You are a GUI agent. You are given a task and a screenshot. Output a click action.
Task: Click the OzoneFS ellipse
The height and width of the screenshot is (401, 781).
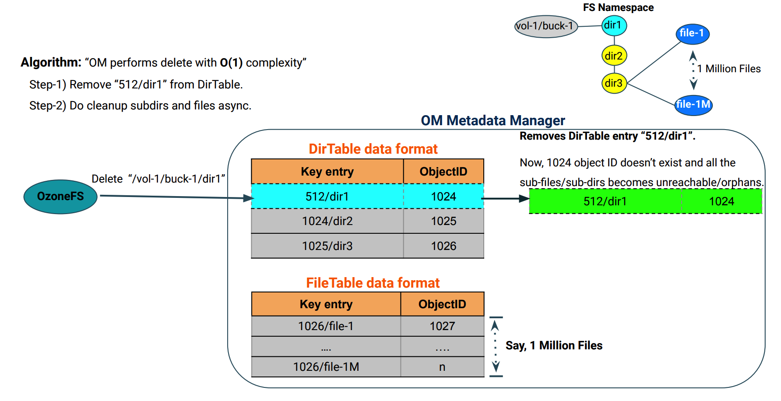pyautogui.click(x=60, y=197)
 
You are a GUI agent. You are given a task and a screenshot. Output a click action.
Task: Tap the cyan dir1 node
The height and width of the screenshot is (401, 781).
pyautogui.click(x=614, y=25)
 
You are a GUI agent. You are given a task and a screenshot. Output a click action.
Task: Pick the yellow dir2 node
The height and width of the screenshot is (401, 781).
pyautogui.click(x=614, y=56)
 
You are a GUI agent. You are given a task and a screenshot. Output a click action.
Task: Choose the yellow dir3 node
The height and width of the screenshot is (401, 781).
pyautogui.click(x=614, y=83)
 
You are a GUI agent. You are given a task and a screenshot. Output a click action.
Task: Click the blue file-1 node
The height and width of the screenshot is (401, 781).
pyautogui.click(x=692, y=34)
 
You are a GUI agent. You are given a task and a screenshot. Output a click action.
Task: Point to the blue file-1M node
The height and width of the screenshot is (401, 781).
pyautogui.click(x=693, y=105)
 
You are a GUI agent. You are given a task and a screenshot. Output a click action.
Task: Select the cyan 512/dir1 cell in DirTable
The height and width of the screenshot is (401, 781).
pyautogui.click(x=327, y=197)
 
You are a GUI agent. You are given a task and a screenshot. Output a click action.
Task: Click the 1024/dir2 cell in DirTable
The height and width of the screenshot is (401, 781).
pyautogui.click(x=327, y=221)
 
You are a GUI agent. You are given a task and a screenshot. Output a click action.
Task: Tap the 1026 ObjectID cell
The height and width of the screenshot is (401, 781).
pyautogui.click(x=443, y=246)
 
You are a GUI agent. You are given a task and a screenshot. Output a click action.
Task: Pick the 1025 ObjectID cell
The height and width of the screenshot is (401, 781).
pyautogui.click(x=443, y=221)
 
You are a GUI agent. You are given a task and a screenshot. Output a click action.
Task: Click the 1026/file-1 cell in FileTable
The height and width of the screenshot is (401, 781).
pyautogui.click(x=326, y=326)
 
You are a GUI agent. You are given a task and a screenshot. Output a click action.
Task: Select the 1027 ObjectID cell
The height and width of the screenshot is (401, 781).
pyautogui.click(x=442, y=326)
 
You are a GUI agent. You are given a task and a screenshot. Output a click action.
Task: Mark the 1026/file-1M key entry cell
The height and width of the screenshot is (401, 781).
pyautogui.click(x=326, y=367)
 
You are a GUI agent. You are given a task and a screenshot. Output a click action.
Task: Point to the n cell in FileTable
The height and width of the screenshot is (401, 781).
pyautogui.click(x=442, y=367)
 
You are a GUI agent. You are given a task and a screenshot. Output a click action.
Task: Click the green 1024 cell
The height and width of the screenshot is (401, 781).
pyautogui.click(x=721, y=201)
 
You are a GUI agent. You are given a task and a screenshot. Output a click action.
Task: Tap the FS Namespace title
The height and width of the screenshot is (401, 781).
pyautogui.click(x=618, y=7)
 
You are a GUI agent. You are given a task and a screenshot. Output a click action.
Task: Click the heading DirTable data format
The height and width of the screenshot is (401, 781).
pyautogui.click(x=373, y=149)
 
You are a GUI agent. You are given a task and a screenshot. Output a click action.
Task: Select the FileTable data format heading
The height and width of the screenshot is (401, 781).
pyautogui.click(x=373, y=283)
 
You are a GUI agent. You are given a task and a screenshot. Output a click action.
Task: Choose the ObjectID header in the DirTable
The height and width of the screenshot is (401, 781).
pyautogui.click(x=443, y=172)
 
